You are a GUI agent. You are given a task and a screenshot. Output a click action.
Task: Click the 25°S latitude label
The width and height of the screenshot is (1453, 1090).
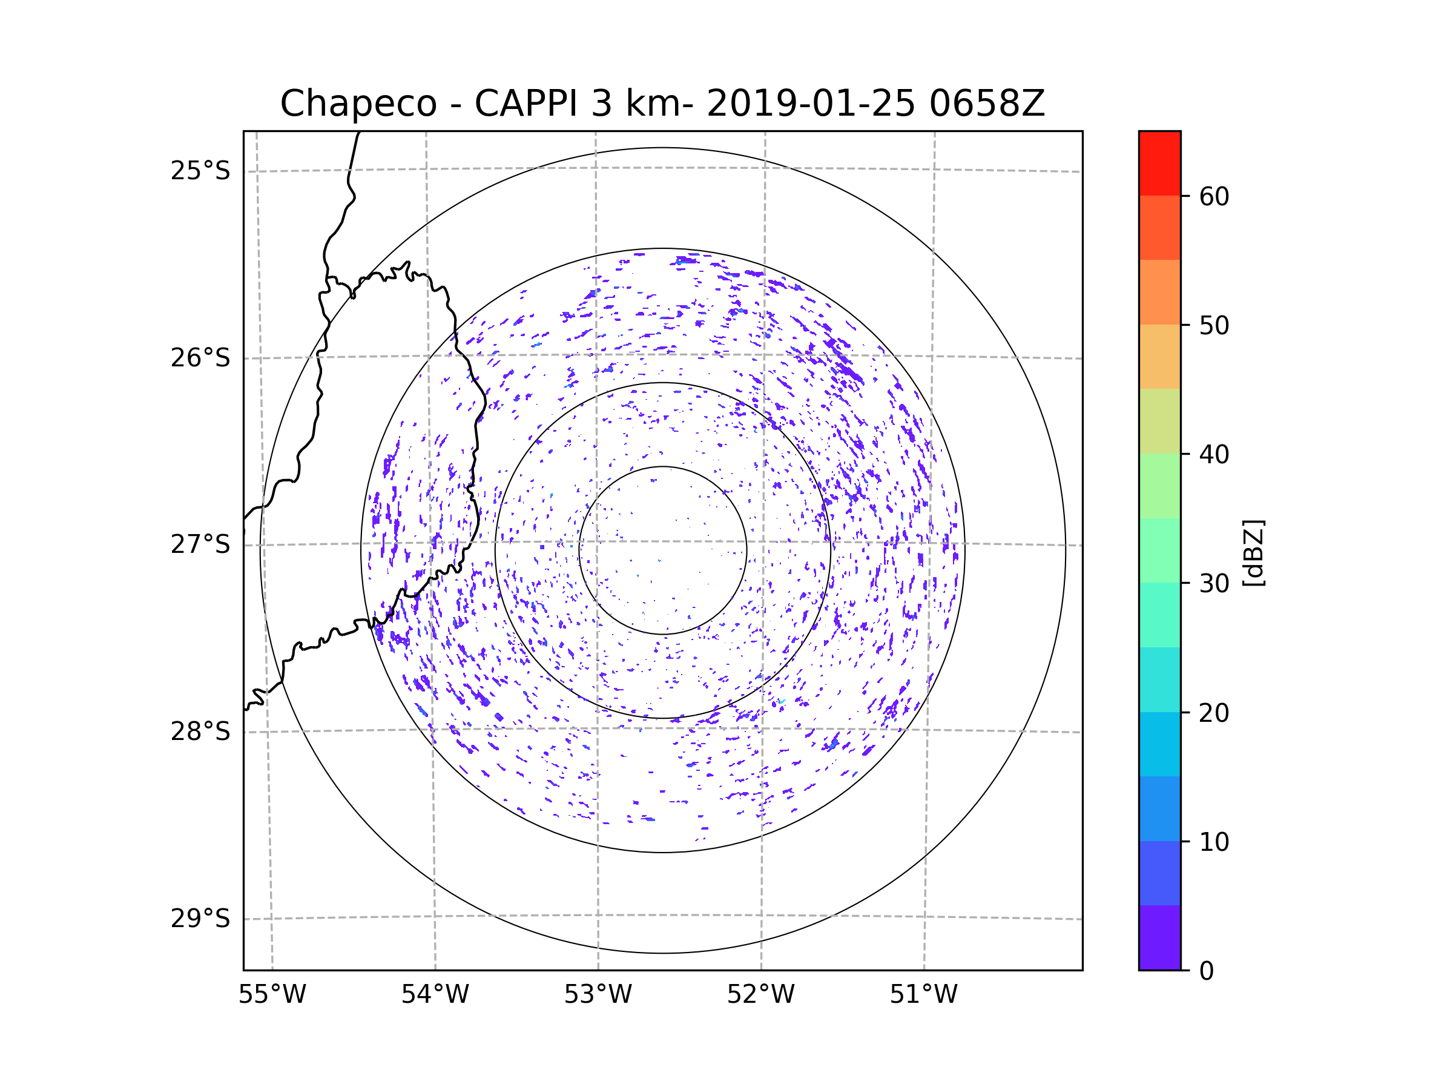tap(200, 171)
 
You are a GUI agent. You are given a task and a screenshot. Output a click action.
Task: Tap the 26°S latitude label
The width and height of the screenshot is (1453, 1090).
tap(200, 358)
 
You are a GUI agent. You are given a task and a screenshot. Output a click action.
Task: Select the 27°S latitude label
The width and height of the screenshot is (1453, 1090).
tap(200, 544)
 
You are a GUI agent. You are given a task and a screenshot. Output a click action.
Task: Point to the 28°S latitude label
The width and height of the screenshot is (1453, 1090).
tap(200, 732)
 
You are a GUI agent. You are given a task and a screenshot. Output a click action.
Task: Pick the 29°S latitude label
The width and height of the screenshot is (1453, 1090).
tap(200, 919)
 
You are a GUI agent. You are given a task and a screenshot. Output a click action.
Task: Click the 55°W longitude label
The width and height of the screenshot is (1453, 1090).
tap(272, 995)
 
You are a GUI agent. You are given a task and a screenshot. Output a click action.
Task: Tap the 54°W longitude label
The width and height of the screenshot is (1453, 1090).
tap(435, 995)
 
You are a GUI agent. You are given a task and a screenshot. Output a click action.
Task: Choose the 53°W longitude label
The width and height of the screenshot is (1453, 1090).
tap(598, 995)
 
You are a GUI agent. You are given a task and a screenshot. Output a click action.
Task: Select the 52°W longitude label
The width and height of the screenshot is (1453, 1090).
tap(760, 995)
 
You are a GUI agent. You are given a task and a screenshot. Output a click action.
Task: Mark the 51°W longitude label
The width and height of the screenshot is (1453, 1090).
tap(923, 995)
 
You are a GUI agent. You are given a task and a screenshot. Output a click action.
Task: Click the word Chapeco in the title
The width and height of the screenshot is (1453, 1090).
tap(358, 104)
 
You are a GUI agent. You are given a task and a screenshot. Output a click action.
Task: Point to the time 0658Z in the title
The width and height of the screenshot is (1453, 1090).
tap(987, 104)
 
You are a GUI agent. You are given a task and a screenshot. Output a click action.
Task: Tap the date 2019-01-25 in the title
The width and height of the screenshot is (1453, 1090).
tap(811, 104)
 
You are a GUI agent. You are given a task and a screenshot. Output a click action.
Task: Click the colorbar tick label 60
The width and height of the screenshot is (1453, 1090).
tap(1214, 196)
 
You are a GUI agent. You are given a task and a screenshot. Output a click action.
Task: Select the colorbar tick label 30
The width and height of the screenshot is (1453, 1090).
tap(1214, 583)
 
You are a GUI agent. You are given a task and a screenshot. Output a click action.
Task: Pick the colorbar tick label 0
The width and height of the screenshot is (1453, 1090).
tap(1207, 971)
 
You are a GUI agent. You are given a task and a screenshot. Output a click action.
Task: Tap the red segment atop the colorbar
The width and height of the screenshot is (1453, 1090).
tap(1159, 163)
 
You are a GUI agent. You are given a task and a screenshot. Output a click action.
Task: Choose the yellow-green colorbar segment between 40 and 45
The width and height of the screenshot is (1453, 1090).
tap(1159, 421)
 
